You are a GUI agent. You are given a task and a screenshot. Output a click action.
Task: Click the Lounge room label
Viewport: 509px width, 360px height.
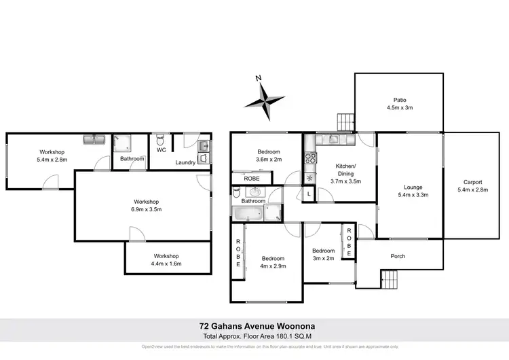tap(413, 187)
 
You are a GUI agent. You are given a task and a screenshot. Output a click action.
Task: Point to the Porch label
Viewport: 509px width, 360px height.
tap(398, 257)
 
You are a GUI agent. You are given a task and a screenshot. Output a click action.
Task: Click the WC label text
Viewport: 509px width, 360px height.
tap(162, 150)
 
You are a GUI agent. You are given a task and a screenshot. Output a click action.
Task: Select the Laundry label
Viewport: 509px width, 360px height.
tap(185, 162)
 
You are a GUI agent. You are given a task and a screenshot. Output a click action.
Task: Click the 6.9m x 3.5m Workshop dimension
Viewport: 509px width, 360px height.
tap(146, 210)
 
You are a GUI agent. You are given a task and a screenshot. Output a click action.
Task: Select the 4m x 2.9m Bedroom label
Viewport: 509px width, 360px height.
tap(274, 267)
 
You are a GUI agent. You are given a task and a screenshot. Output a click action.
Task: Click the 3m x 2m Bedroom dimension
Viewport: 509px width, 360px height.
tap(323, 259)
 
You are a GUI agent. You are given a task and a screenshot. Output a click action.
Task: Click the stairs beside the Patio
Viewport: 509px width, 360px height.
tap(346, 122)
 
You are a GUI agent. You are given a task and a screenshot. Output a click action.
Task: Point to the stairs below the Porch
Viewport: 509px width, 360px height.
tap(389, 278)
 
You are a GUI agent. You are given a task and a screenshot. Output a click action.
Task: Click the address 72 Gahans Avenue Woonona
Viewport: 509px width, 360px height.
tap(254, 326)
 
